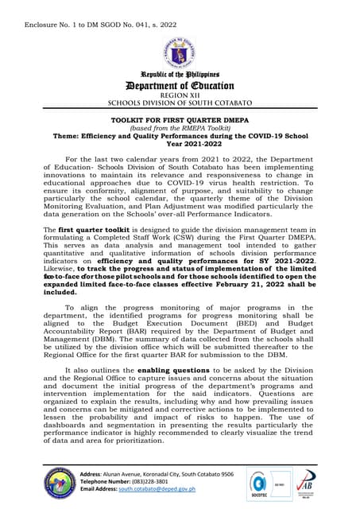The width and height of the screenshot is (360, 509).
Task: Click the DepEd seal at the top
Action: pos(180,52)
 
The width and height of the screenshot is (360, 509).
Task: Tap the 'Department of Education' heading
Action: pos(180,85)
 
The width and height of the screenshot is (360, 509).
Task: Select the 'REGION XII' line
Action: pos(180,95)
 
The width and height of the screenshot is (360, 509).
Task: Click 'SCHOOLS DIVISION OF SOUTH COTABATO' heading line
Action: pos(180,103)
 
